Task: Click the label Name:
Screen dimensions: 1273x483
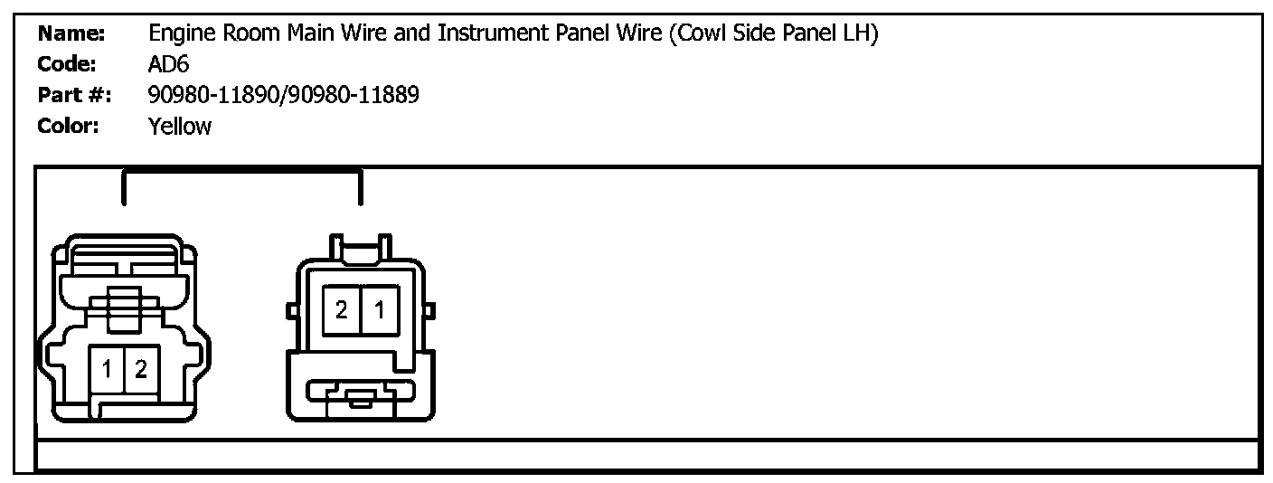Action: tap(71, 35)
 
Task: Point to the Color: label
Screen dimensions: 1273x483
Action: tap(69, 126)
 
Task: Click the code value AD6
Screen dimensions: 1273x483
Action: tap(168, 65)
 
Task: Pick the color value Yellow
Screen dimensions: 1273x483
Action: tap(179, 126)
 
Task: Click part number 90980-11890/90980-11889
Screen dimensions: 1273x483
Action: tap(283, 95)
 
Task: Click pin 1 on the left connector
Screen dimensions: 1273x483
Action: tap(108, 369)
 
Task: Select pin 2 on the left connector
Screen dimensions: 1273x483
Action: tap(140, 369)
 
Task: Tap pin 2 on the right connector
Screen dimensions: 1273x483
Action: tap(342, 310)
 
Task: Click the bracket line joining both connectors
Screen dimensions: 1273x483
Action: tap(241, 170)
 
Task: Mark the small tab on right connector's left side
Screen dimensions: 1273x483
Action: tap(291, 311)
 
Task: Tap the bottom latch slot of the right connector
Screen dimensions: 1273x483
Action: tap(361, 394)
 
